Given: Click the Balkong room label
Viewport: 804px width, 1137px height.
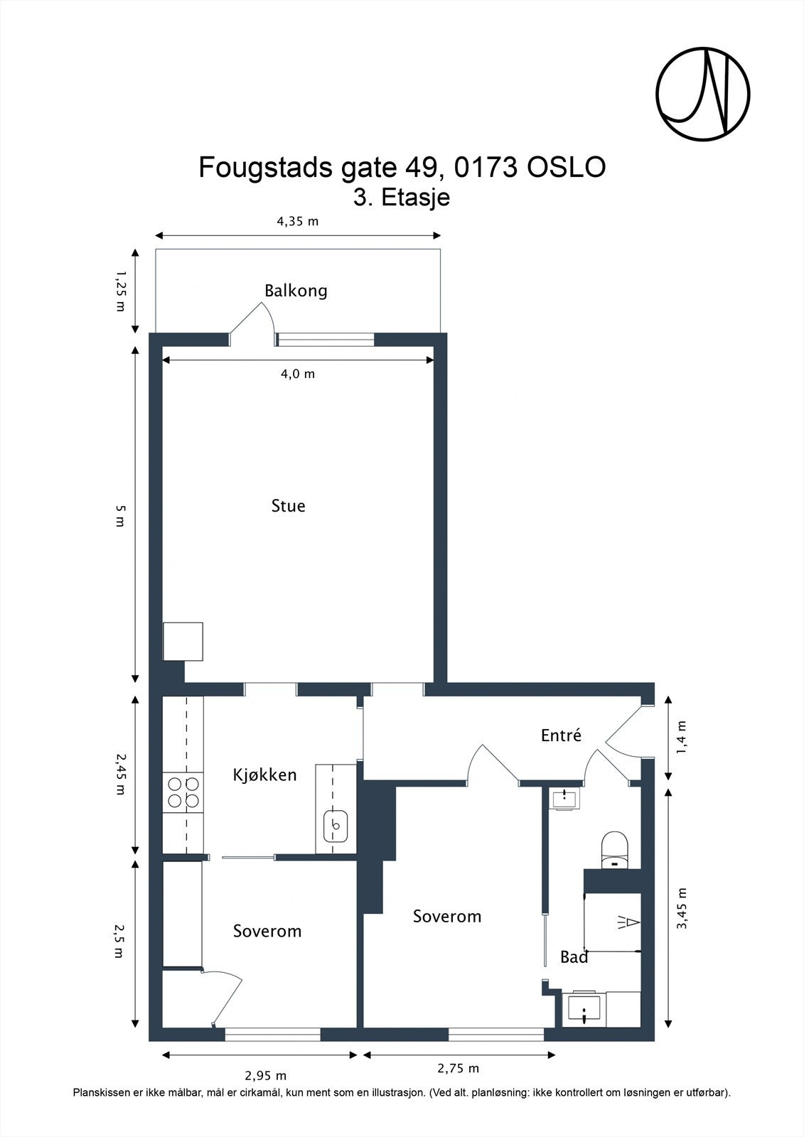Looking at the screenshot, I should tap(296, 291).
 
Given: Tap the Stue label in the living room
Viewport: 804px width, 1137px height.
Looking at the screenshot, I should tap(288, 506).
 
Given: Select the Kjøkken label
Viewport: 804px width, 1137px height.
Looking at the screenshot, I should tap(264, 775).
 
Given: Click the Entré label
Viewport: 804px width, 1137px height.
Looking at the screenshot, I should tap(561, 735).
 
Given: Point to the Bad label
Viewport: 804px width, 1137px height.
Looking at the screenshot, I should tap(574, 957).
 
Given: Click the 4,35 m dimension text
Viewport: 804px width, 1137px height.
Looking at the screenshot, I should tap(297, 221).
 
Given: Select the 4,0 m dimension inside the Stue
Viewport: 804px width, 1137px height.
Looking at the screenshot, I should tap(297, 374).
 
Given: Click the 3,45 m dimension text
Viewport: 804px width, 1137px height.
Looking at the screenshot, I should tap(682, 908).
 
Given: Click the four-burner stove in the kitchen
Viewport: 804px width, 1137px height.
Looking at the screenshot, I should tap(183, 793).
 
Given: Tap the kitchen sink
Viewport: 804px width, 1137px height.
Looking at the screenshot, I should tap(336, 826).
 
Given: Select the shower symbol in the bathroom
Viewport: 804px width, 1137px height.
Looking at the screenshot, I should tap(628, 922).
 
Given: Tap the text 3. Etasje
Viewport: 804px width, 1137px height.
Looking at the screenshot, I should tap(402, 197).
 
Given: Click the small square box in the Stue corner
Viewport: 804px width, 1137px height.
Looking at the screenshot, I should tap(183, 642).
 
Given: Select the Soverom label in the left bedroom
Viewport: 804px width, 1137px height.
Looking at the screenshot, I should tap(267, 931).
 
